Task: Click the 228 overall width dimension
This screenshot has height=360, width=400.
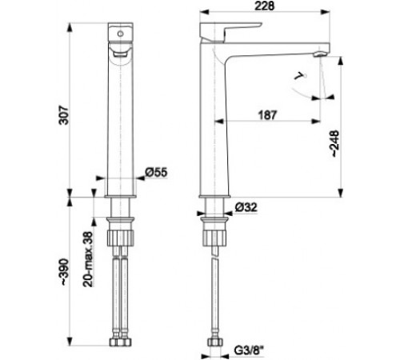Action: tap(264, 6)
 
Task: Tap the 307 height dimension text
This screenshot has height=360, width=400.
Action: tap(64, 115)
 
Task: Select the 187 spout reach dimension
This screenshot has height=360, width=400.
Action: tap(267, 115)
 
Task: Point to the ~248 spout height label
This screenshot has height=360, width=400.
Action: tap(334, 143)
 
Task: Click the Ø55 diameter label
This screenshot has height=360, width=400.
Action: tap(156, 172)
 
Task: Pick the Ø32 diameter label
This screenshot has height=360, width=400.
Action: tap(246, 207)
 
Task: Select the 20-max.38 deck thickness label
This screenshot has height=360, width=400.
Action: tap(88, 259)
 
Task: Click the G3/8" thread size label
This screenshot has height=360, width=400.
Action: tap(249, 350)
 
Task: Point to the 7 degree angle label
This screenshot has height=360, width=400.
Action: tap(300, 77)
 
